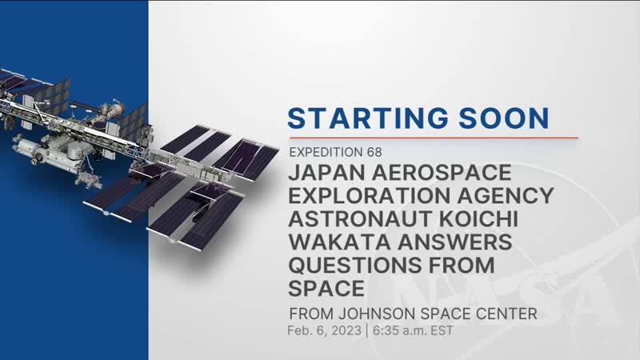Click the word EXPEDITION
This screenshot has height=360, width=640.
[324, 150]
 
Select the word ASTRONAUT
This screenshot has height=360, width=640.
[354, 218]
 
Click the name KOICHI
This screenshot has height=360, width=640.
[473, 218]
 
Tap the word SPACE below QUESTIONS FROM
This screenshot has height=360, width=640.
[322, 286]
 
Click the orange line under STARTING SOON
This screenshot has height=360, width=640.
[432, 137]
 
